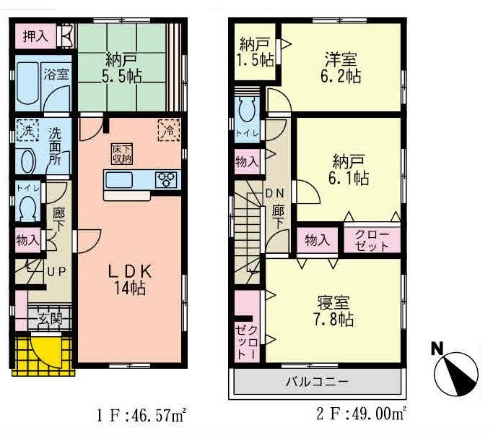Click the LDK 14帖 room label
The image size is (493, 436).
(130, 278)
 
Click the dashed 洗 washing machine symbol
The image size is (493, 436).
(26, 133)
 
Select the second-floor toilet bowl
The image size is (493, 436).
(245, 111)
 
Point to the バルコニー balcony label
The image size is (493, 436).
(315, 381)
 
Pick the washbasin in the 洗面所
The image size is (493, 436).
(27, 160)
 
